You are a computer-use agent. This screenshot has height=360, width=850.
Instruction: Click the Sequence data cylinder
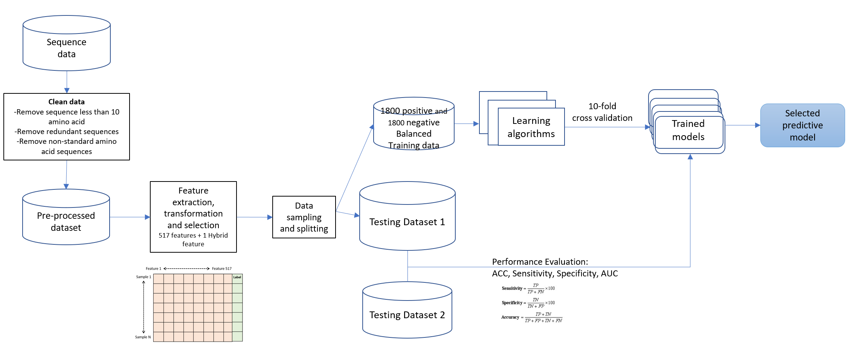tap(67, 43)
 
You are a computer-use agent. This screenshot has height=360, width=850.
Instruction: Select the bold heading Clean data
tap(67, 102)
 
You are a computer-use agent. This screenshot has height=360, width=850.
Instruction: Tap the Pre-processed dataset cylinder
tap(66, 217)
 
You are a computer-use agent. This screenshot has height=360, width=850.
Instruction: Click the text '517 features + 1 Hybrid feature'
tap(193, 239)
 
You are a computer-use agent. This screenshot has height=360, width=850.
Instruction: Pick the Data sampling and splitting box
tap(304, 217)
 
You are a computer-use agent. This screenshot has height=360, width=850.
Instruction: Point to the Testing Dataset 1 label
tap(407, 222)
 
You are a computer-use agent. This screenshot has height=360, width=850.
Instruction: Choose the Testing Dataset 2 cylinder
tap(407, 310)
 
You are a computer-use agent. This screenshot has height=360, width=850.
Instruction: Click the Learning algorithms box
tap(531, 127)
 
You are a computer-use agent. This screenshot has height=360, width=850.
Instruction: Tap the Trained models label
tap(688, 130)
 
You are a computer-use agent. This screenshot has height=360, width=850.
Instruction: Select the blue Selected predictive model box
tap(803, 125)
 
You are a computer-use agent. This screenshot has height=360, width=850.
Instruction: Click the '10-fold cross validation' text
tap(602, 112)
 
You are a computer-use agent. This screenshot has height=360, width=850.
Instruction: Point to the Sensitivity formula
tap(528, 288)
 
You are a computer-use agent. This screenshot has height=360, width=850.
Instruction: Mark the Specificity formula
tap(528, 303)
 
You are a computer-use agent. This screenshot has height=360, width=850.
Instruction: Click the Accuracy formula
tap(531, 317)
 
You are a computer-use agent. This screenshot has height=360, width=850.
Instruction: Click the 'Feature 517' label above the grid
tap(221, 268)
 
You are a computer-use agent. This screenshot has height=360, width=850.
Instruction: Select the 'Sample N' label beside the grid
tap(143, 337)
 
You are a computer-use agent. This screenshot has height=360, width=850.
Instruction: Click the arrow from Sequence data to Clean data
tap(67, 82)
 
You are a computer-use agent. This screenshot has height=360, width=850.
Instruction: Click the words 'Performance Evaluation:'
tap(540, 262)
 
